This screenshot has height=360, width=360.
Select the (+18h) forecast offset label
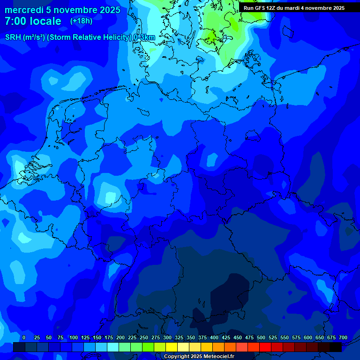tap(81, 21)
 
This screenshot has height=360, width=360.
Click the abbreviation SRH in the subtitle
tap(13, 37)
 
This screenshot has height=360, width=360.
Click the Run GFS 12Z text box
tap(294, 8)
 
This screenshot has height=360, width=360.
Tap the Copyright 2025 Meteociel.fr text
tap(199, 356)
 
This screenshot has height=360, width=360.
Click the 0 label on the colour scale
tap(24, 337)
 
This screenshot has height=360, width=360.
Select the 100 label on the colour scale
tap(74, 337)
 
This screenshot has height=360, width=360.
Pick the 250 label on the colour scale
tap(144, 337)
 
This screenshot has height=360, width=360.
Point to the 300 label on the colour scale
tap(167, 337)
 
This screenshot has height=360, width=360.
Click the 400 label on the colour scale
tap(214, 337)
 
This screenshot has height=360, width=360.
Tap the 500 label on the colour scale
tap(261, 337)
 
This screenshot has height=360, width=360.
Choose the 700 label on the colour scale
tap(343, 337)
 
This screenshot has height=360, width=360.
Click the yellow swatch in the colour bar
tap(172, 347)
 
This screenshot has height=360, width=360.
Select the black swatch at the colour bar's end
tap(336, 347)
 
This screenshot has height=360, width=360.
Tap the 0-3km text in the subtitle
tap(144, 37)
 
